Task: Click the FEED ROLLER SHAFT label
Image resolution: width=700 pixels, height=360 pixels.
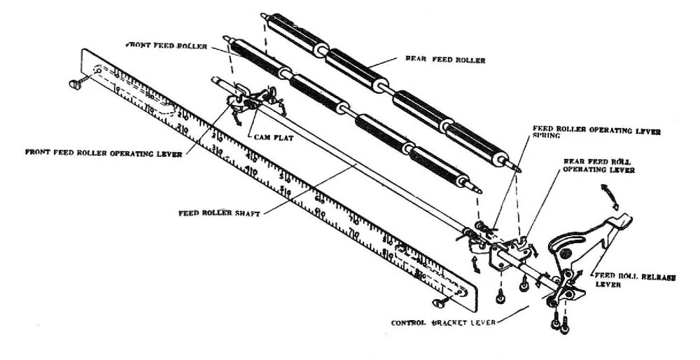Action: pos(218,212)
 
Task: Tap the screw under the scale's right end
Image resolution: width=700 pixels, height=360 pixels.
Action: pos(439,303)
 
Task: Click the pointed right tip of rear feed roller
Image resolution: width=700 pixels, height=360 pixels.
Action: pos(519,169)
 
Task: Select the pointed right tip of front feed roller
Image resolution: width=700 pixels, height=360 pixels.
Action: pos(478,189)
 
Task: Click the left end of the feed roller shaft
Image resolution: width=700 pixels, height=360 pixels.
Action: pos(213,79)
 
